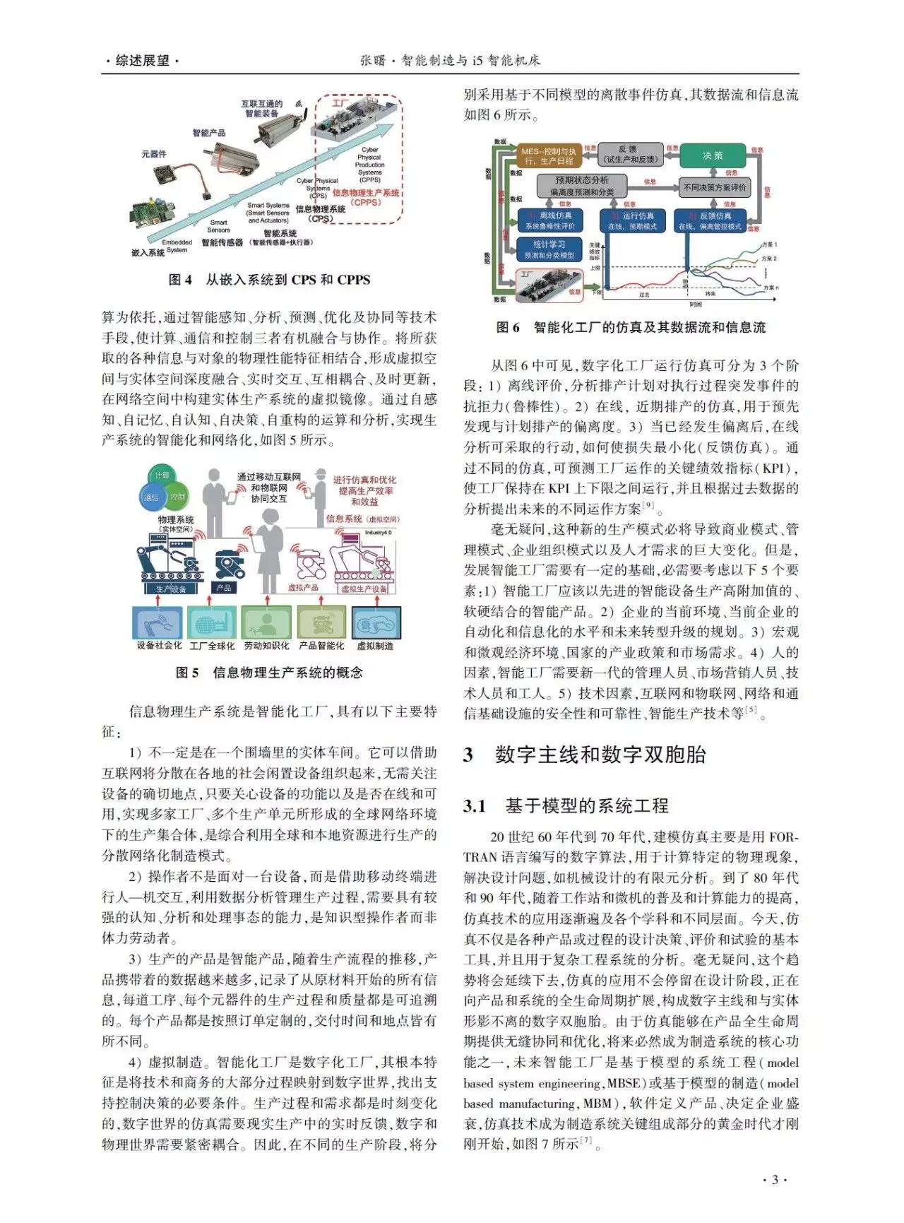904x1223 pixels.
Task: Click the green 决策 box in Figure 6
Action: (x=712, y=155)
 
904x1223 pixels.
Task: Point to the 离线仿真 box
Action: (x=549, y=220)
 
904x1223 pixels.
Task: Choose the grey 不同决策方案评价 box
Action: (x=714, y=188)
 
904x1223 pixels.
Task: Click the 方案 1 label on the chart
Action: (x=769, y=244)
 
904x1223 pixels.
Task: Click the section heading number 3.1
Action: (x=475, y=805)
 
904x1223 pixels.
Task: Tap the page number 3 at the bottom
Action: (x=774, y=1180)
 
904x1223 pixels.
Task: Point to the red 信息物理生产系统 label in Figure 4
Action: (x=366, y=193)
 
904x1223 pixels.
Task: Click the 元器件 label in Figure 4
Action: (x=154, y=153)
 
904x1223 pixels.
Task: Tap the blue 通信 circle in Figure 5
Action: (x=152, y=497)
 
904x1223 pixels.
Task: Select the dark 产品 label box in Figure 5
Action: (x=223, y=588)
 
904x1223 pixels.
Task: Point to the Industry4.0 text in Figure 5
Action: (x=378, y=533)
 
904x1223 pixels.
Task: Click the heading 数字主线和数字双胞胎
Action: (x=600, y=755)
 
